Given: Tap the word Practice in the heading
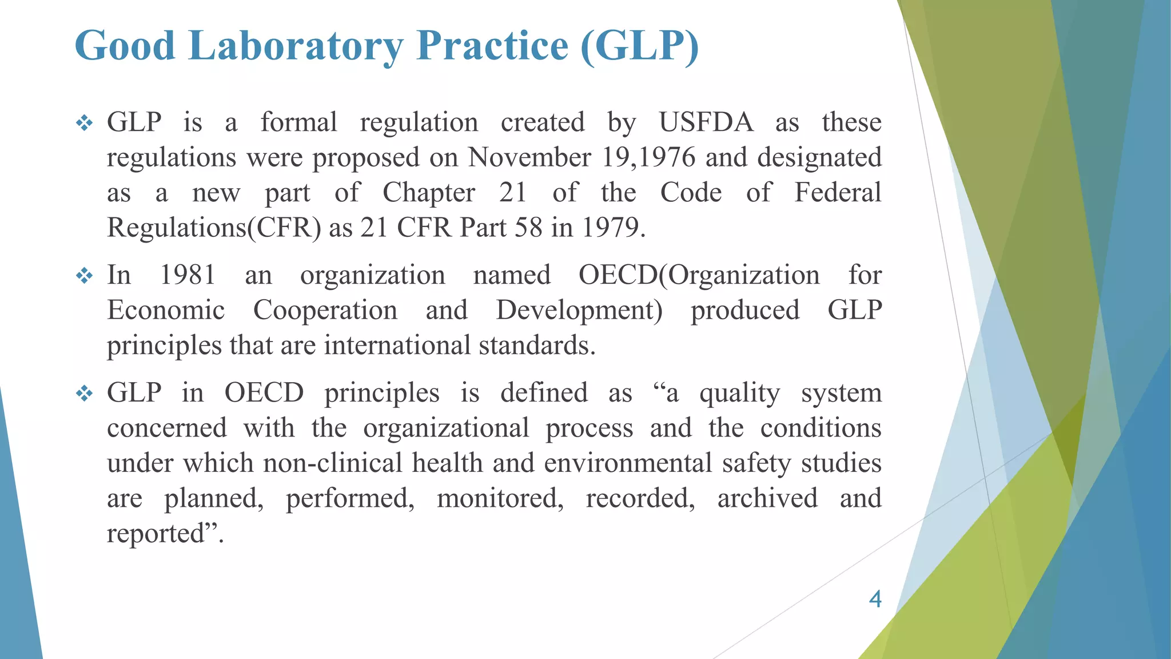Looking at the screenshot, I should (x=492, y=46).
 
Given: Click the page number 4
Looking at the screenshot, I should (x=875, y=599).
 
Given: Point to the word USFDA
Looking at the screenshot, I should (x=706, y=122).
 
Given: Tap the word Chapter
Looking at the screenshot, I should (x=429, y=193).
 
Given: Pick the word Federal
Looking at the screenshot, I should (x=838, y=193).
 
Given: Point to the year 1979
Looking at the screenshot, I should (x=614, y=228).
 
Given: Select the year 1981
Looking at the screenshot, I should (x=188, y=275).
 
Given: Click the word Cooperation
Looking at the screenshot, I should (x=325, y=311).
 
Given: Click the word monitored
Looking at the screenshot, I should (x=500, y=498).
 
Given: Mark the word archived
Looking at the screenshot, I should (x=767, y=498).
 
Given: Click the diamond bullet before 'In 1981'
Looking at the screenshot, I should (x=84, y=276).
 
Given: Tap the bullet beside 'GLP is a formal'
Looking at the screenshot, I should (x=84, y=124).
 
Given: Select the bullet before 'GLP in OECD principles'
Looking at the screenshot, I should (x=84, y=394).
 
